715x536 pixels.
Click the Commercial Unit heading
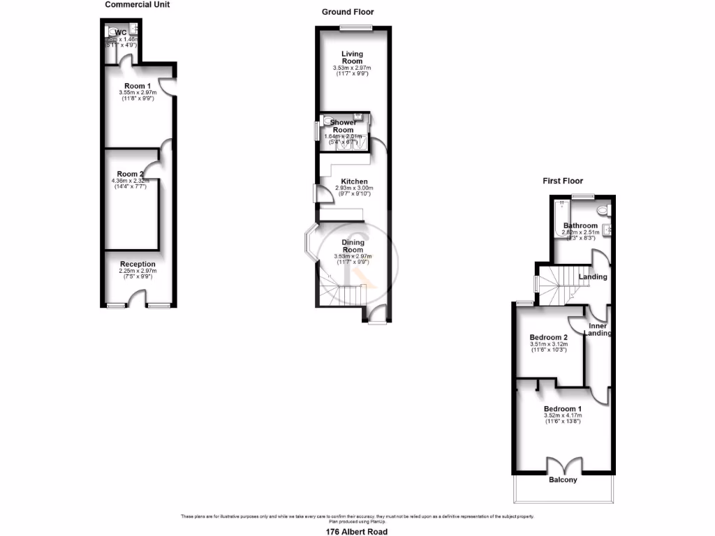click(x=137, y=4)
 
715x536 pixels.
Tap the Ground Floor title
click(x=348, y=12)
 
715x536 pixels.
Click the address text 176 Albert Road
click(x=356, y=531)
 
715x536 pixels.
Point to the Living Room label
click(x=353, y=57)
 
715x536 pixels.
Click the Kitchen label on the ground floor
click(x=354, y=181)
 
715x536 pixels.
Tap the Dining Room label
click(x=353, y=246)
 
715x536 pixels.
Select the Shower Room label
click(x=343, y=126)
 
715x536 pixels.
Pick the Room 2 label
click(x=130, y=174)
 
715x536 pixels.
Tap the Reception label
click(x=137, y=264)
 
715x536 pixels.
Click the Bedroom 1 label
click(x=562, y=408)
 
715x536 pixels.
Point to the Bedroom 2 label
click(x=549, y=337)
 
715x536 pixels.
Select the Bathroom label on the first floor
click(x=580, y=225)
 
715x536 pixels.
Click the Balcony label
click(x=563, y=480)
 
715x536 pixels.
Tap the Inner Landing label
click(x=599, y=329)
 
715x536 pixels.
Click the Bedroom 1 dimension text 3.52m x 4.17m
click(x=562, y=416)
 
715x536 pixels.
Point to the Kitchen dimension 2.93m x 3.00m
click(x=355, y=188)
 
